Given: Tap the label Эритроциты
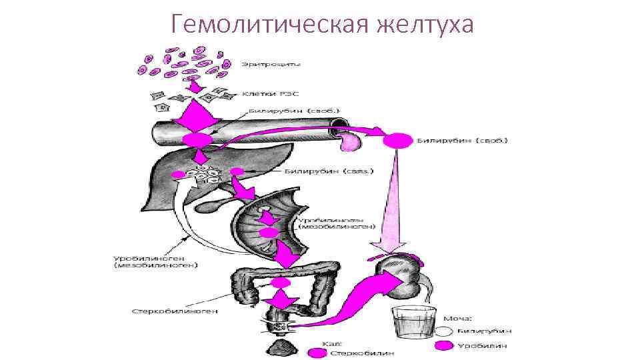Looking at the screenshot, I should [x=275, y=65].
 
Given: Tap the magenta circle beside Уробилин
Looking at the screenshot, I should [x=444, y=345].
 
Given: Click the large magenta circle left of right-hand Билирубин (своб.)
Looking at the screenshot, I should [x=398, y=141].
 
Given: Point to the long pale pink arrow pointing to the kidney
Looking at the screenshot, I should [x=391, y=200].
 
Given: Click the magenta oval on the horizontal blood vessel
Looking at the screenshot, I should [x=198, y=139].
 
